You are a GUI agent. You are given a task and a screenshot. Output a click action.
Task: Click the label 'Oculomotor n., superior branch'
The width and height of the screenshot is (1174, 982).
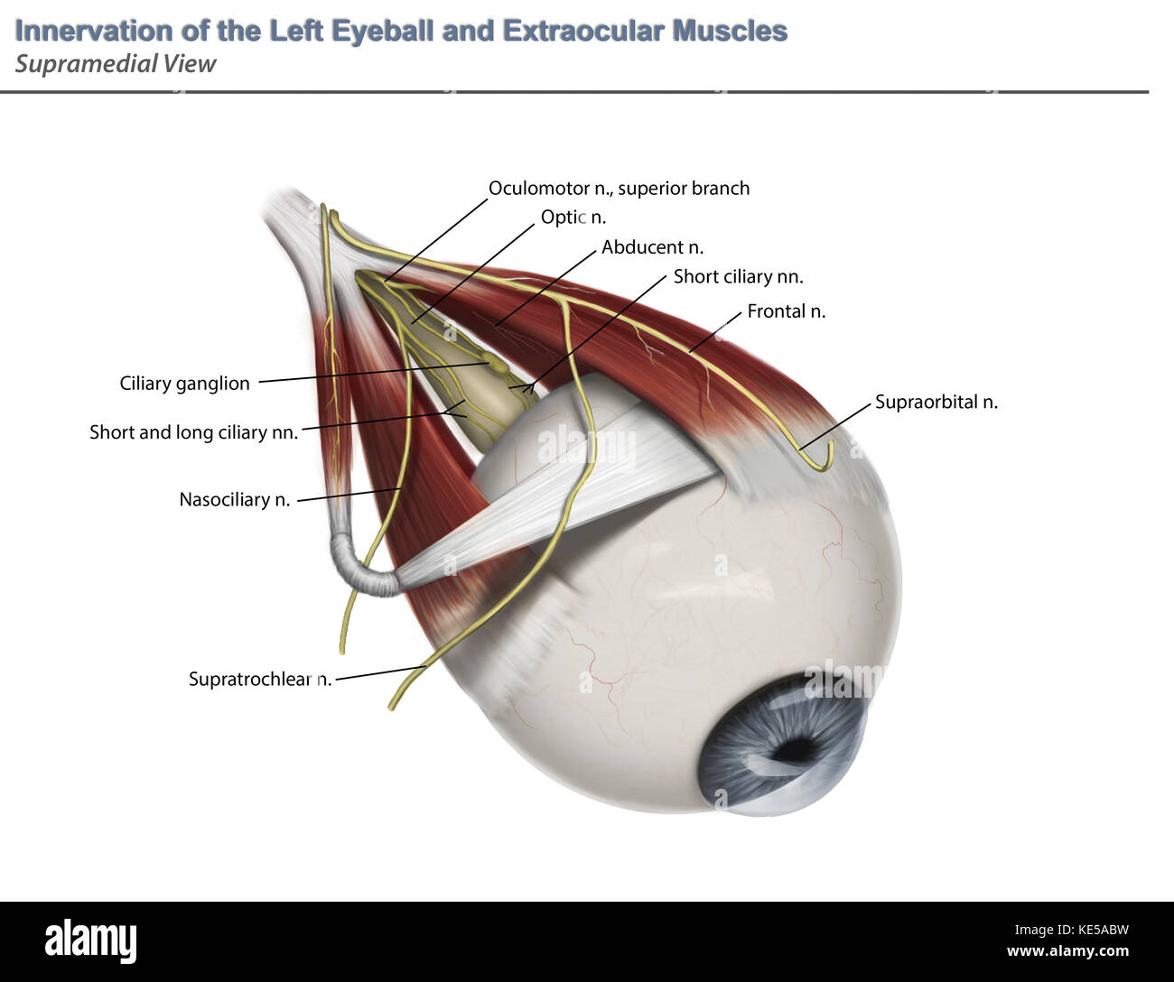(x=619, y=189)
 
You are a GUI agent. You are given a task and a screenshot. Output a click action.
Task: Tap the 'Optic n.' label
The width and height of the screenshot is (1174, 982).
(x=573, y=217)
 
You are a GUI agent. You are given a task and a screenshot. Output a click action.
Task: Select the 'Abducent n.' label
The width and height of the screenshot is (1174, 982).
(x=652, y=246)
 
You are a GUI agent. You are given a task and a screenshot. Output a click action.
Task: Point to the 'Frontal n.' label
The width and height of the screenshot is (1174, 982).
(x=786, y=310)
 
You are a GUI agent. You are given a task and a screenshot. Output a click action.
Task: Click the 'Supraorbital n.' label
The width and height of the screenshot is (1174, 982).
(x=936, y=402)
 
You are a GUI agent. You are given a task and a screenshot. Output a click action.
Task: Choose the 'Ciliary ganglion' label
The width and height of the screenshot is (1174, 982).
(x=184, y=384)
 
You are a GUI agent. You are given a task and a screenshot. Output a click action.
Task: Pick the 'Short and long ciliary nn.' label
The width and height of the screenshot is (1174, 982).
(x=193, y=432)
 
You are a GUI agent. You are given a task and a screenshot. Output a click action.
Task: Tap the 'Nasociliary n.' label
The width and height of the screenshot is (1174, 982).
(x=235, y=499)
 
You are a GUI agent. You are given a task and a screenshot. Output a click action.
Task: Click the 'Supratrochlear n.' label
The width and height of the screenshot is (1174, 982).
(x=260, y=679)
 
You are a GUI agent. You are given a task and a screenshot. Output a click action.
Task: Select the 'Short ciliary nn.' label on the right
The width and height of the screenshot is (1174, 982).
(x=738, y=276)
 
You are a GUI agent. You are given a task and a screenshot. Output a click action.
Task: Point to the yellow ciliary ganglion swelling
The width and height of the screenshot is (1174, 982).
(x=497, y=364)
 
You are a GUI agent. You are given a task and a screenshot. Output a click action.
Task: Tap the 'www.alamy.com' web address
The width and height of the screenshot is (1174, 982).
(x=1067, y=951)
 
